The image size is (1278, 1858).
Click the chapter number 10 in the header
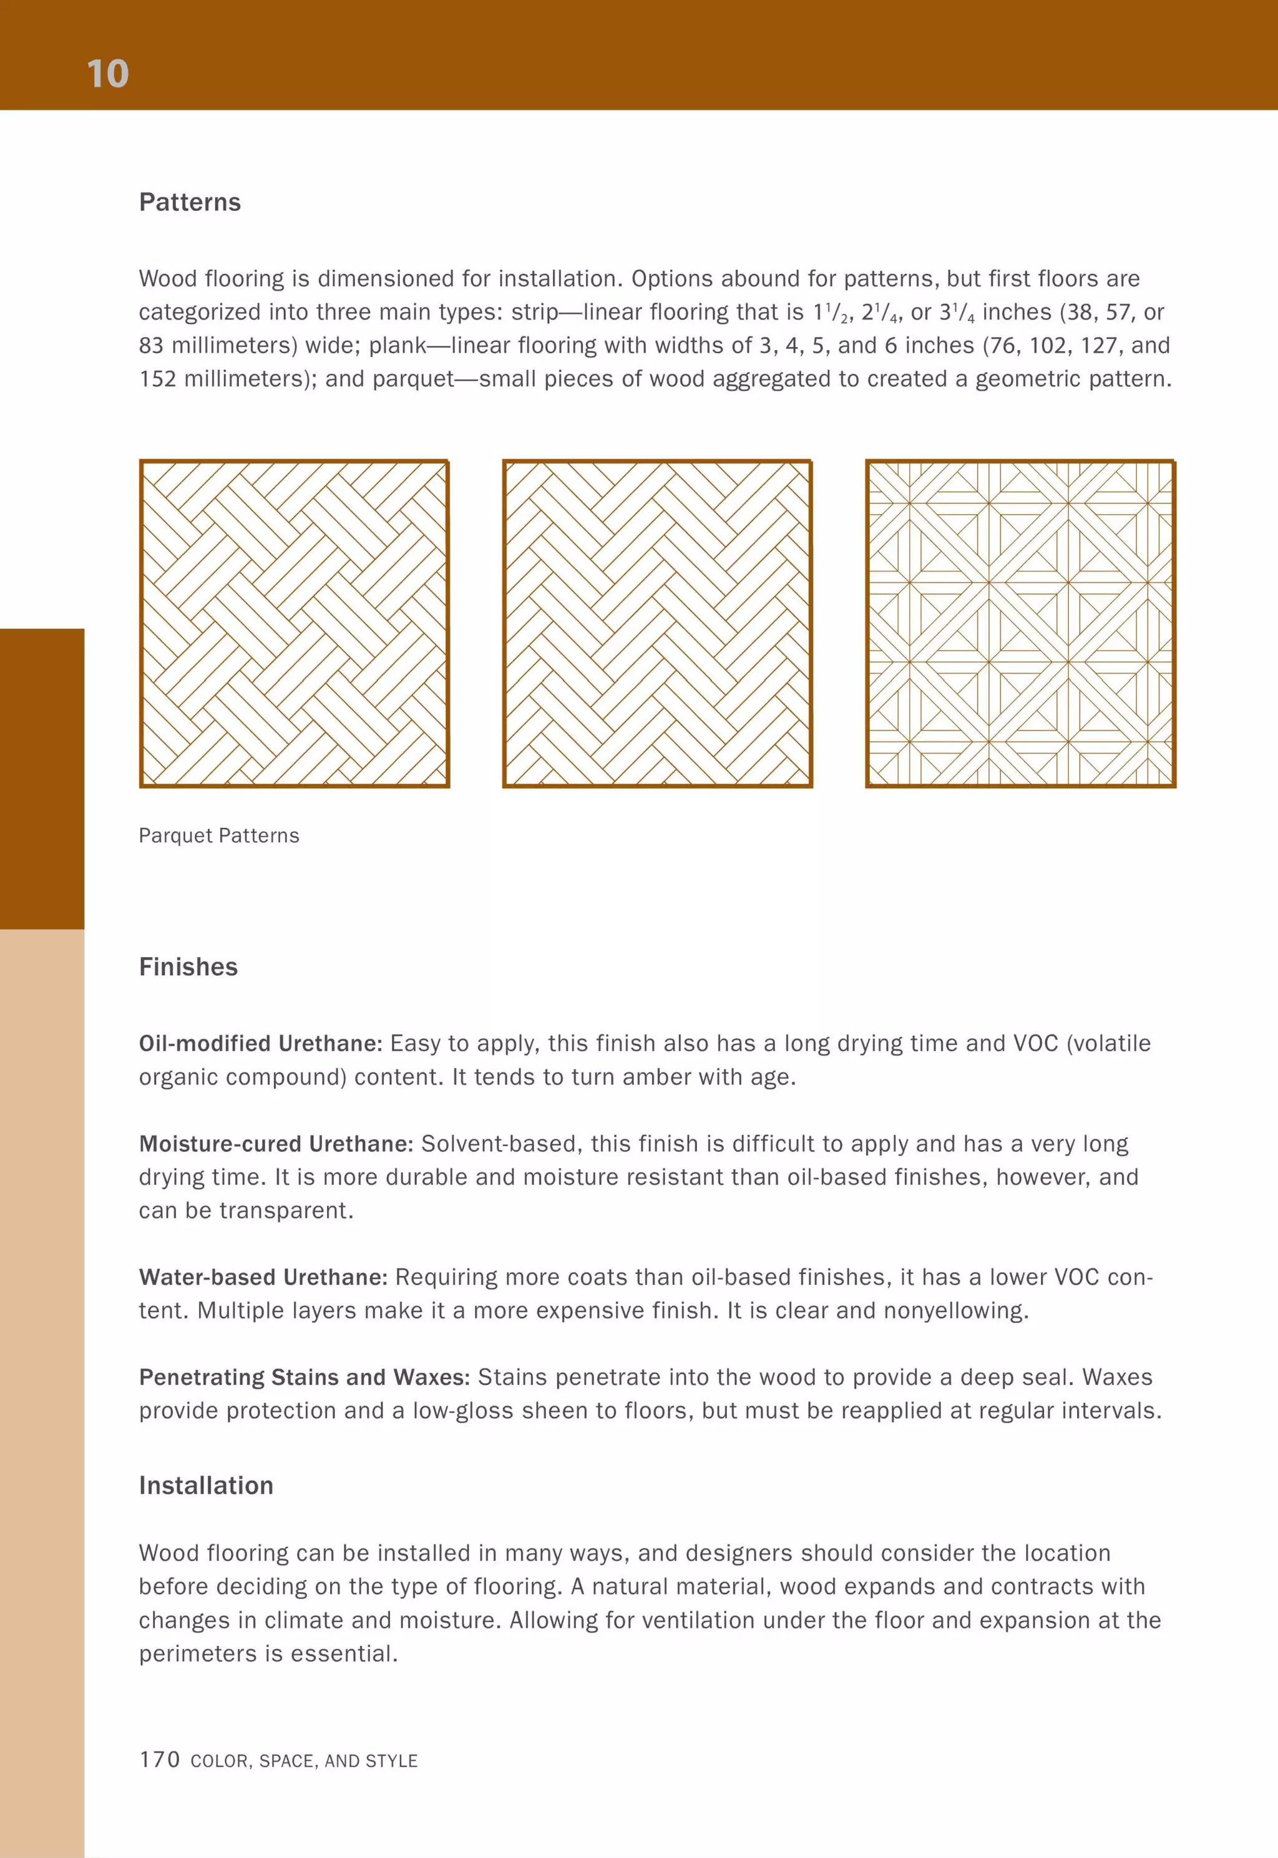(x=107, y=74)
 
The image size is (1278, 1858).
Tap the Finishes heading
(x=188, y=966)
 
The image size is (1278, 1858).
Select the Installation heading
(x=206, y=1485)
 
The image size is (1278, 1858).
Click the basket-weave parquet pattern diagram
(x=294, y=624)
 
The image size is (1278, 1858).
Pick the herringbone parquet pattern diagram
(x=658, y=624)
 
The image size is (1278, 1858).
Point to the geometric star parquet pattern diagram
(x=1020, y=624)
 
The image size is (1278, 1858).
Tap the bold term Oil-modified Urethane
(x=261, y=1043)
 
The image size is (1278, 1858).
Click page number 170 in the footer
(x=159, y=1759)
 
